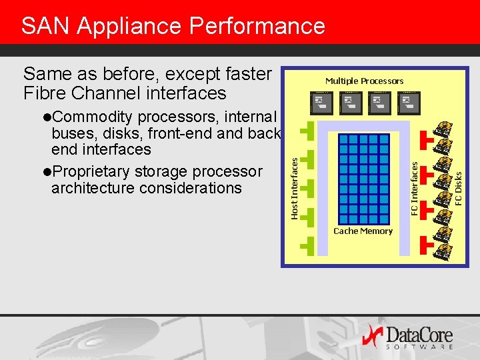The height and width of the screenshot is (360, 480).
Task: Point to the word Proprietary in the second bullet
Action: (91, 172)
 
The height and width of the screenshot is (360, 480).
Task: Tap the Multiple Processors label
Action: (364, 81)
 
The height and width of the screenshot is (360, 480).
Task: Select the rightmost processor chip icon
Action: (408, 102)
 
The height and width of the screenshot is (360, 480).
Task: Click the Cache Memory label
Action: (363, 231)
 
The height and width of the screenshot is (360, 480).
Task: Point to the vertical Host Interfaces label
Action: (294, 184)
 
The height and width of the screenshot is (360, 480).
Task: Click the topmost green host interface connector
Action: (307, 131)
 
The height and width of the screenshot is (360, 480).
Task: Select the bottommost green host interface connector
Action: (307, 245)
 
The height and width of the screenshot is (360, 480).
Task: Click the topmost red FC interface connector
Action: (427, 140)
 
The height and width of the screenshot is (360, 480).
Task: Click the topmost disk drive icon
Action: (443, 129)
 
